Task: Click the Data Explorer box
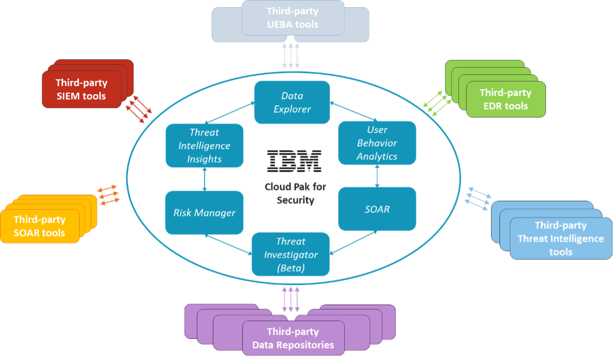click(x=292, y=102)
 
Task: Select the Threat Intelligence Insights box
click(x=205, y=146)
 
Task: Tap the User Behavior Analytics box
click(x=377, y=143)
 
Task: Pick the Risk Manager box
click(x=204, y=213)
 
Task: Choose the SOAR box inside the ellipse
click(x=377, y=209)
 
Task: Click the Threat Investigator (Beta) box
click(x=290, y=255)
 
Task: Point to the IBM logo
click(x=294, y=160)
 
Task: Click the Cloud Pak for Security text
click(x=295, y=193)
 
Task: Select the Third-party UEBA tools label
click(x=292, y=18)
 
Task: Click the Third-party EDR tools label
click(x=505, y=99)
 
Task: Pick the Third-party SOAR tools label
click(x=39, y=227)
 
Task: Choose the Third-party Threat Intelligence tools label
click(x=560, y=239)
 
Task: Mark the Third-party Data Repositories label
click(x=293, y=338)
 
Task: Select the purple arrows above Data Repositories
click(x=291, y=299)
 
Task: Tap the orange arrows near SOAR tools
click(x=108, y=195)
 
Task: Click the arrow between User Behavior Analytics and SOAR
click(x=377, y=176)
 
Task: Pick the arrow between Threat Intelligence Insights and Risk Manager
click(x=205, y=179)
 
